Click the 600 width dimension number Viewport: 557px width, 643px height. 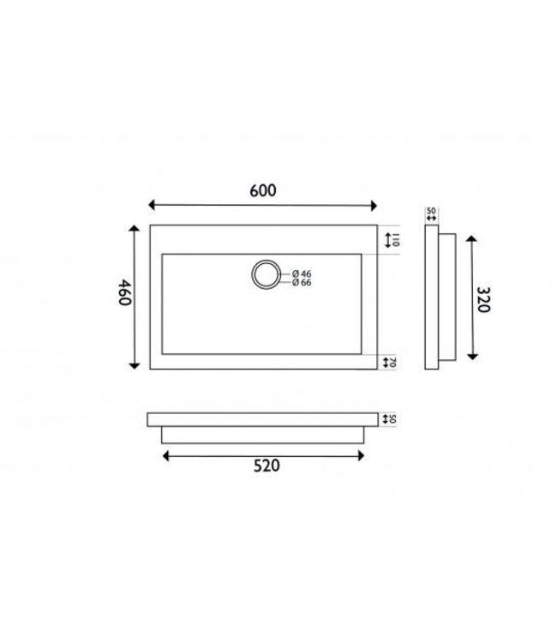tap(263, 192)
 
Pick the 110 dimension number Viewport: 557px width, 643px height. tap(397, 237)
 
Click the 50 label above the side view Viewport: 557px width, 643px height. tap(431, 210)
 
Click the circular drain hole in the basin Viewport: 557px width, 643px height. tap(264, 275)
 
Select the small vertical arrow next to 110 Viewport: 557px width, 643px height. tap(386, 237)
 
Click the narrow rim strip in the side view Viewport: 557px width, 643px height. tap(431, 297)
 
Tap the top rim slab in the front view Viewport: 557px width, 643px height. tap(263, 419)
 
